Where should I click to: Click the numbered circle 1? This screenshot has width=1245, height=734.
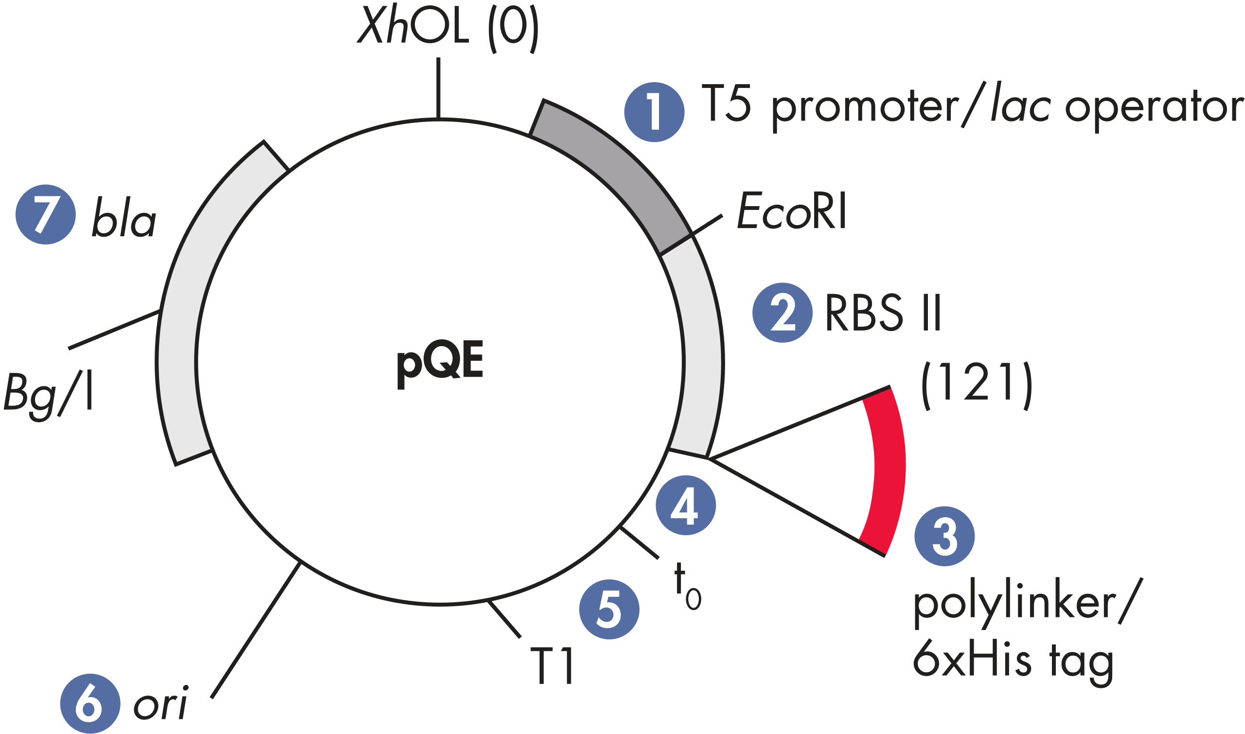point(654,112)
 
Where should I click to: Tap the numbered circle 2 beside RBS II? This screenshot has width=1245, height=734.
point(783,313)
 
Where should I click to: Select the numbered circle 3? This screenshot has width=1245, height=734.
point(944,536)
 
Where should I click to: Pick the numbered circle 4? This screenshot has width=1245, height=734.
point(686,505)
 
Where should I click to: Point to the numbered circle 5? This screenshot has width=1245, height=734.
point(609,610)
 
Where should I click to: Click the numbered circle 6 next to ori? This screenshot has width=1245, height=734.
point(90,703)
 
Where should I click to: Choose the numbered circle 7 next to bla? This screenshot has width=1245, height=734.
point(46,214)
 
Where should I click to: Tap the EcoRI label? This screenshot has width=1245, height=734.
point(792,210)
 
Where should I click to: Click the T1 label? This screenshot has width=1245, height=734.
point(552,665)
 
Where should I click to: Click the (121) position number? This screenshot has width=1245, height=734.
point(977,386)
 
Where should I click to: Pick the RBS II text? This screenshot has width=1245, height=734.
point(883,313)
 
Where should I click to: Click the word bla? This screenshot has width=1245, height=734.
point(124,218)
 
